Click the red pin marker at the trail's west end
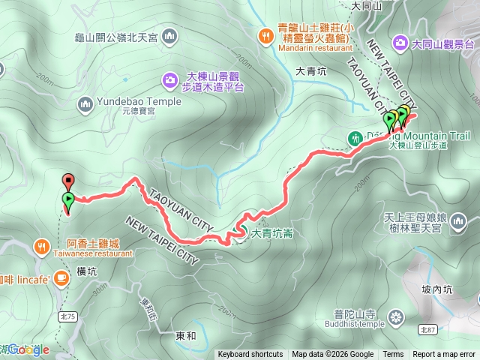point(68,180)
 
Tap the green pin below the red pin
point(68,199)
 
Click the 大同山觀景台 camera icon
point(400,43)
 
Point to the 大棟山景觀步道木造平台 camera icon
point(170,78)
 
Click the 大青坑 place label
point(310,72)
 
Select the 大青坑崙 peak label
point(271,234)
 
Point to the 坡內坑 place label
point(437,289)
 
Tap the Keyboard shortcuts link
point(250,355)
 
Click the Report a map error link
point(444,355)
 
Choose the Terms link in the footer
point(393,355)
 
